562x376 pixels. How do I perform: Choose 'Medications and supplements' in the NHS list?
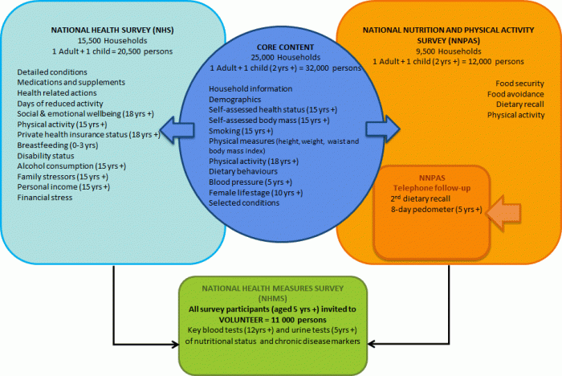click(x=70, y=82)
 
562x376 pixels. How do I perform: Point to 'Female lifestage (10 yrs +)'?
click(x=255, y=193)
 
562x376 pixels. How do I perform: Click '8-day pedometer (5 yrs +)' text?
click(x=431, y=209)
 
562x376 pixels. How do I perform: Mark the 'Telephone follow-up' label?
click(x=431, y=186)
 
